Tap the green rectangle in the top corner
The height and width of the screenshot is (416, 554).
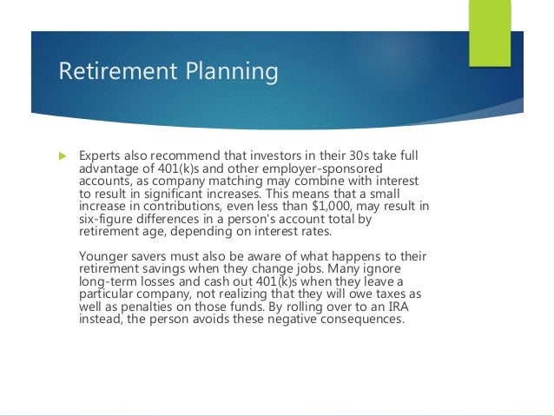tap(490, 34)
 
